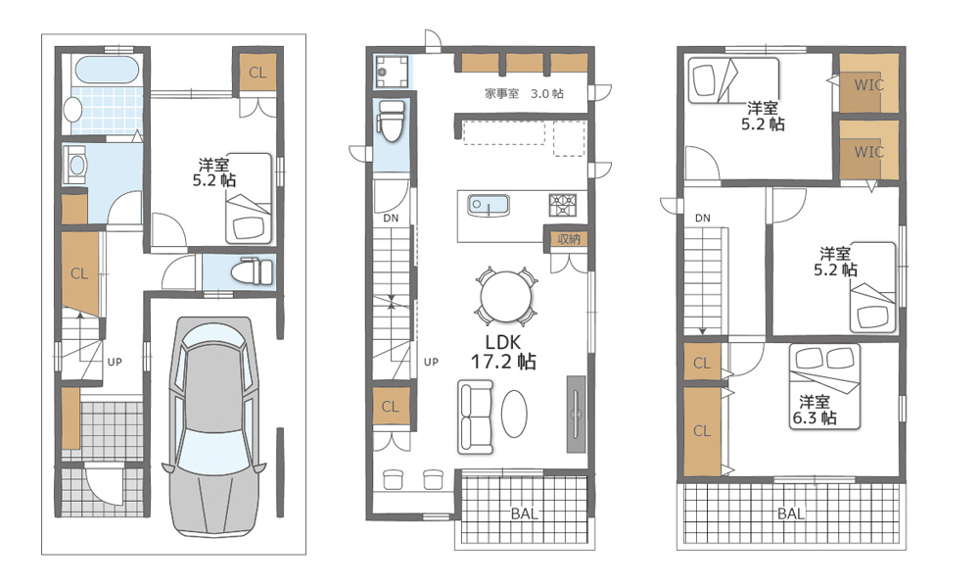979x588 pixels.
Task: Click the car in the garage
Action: pos(214,426)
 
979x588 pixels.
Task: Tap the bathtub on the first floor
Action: pos(106,71)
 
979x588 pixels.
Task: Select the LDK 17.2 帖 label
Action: pos(503,352)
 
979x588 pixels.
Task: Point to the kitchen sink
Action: pos(489,206)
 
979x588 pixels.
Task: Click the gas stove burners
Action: pos(563,205)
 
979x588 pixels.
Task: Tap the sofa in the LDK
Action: pos(475,416)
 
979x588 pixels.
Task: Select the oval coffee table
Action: pos(515,414)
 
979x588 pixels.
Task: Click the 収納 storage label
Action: pos(569,239)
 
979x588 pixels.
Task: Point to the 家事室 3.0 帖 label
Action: pos(525,94)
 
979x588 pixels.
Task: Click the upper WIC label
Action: pos(868,84)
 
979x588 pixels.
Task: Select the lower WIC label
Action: pos(868,152)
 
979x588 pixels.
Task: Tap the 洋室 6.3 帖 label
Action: pos(815,410)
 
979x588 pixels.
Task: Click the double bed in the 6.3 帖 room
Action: pos(824,386)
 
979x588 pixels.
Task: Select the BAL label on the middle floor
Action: pos(525,514)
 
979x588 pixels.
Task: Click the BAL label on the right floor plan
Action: pos(791,514)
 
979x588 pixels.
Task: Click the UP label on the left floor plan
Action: pos(115,362)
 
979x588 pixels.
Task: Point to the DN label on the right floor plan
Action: pos(702,219)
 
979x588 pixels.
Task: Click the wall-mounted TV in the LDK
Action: pos(576,414)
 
